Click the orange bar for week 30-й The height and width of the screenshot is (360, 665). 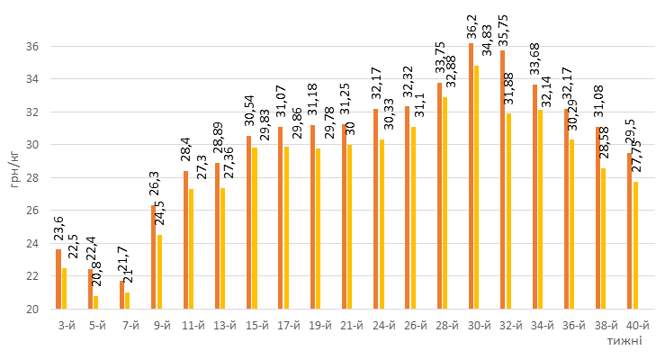[471, 176]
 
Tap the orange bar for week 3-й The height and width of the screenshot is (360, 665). [58, 279]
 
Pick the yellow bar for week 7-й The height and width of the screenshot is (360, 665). [127, 301]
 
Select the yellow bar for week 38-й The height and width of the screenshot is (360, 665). [603, 238]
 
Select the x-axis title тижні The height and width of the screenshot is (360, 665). [624, 341]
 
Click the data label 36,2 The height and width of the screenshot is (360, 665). [471, 24]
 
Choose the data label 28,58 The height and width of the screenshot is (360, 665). [605, 145]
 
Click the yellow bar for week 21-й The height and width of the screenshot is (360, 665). [349, 227]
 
